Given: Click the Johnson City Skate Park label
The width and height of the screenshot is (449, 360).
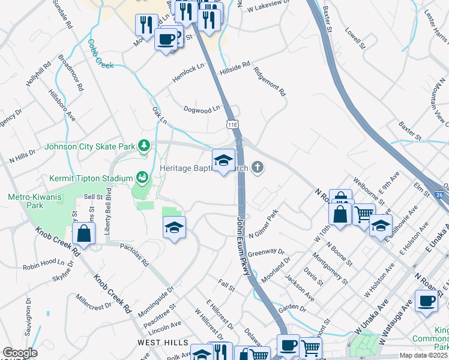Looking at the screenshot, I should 90,146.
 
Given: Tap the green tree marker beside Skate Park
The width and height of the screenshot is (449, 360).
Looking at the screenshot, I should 144,146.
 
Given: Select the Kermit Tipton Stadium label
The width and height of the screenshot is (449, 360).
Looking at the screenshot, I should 89,178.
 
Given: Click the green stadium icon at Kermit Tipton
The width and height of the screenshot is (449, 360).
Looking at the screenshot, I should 143,177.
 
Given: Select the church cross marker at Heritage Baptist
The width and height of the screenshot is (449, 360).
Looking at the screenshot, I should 258,167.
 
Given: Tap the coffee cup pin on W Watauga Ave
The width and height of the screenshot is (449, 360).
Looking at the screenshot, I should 427,301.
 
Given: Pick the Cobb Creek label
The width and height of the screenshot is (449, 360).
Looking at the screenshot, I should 100,54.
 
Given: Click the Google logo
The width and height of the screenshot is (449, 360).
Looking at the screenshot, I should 20,353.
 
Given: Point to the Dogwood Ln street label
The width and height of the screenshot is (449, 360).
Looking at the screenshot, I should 202,110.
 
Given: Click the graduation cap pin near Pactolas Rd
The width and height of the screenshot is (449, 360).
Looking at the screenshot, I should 174,228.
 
